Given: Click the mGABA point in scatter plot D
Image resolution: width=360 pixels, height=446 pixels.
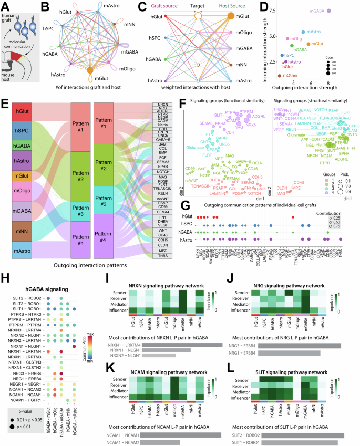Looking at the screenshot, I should [329, 11].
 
